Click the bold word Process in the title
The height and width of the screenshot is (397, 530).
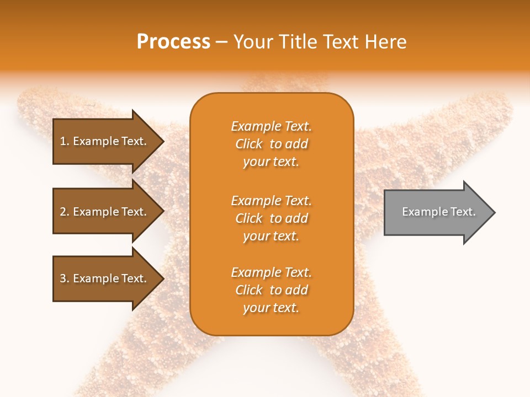[173, 42]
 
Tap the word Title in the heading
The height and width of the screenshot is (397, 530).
[296, 42]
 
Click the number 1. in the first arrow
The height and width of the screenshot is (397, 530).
[65, 141]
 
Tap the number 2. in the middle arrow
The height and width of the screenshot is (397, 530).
[65, 212]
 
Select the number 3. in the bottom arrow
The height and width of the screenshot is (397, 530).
[65, 278]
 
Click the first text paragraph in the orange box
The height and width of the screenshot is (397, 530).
[271, 144]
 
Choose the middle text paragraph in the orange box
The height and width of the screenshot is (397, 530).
[271, 218]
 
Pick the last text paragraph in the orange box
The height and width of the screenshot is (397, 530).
[271, 290]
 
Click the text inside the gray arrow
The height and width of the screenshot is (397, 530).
[439, 212]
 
